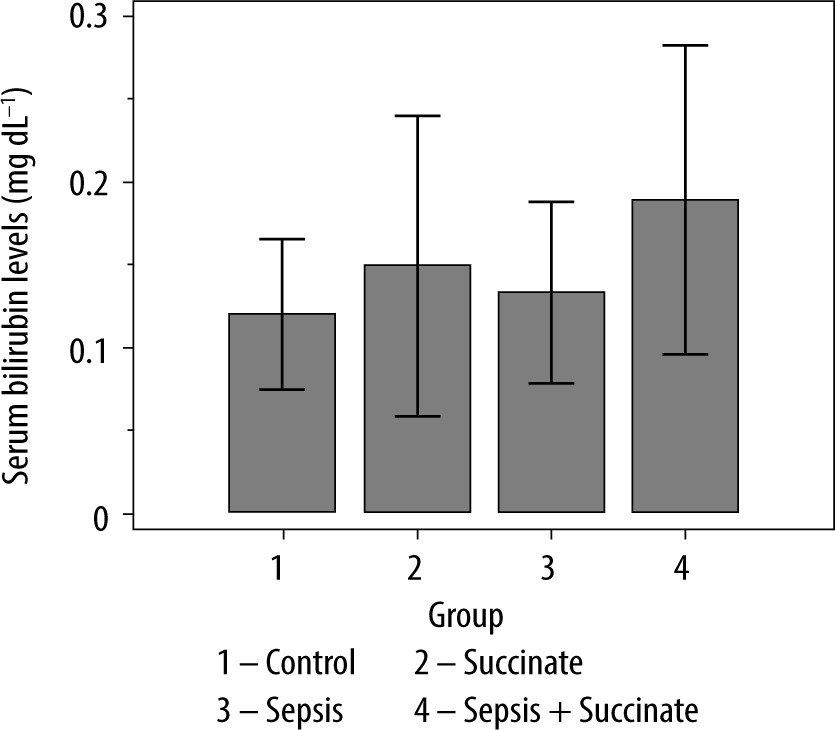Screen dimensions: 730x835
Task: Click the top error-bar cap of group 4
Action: (x=685, y=45)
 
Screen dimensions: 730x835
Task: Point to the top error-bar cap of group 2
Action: (x=417, y=116)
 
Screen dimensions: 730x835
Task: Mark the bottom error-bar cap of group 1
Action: (x=282, y=389)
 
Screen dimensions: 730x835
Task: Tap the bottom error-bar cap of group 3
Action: (x=551, y=383)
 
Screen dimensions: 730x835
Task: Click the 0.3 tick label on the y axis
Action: (x=88, y=17)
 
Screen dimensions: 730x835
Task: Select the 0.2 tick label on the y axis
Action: (x=88, y=183)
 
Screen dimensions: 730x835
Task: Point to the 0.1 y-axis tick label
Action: (x=88, y=348)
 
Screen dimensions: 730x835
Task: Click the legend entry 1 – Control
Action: (x=287, y=662)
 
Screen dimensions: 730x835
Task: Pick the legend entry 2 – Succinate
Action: (x=498, y=662)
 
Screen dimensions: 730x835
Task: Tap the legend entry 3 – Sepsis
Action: (x=281, y=710)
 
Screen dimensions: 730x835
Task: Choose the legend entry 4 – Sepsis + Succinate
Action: (x=554, y=710)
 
